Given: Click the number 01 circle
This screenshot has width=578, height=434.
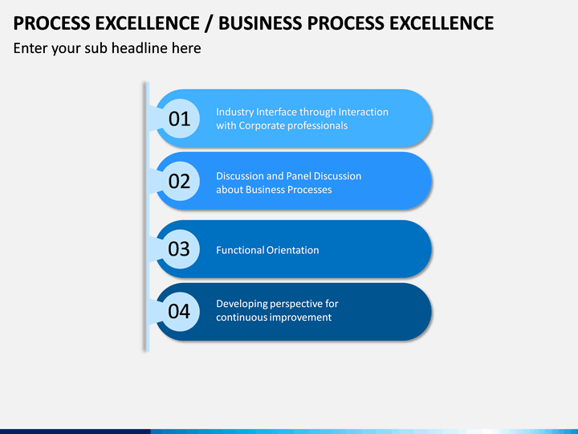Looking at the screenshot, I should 179,119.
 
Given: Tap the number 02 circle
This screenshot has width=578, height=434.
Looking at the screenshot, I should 179,181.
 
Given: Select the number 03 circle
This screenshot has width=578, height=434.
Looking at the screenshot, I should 179,249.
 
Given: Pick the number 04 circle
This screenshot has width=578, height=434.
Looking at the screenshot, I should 179,311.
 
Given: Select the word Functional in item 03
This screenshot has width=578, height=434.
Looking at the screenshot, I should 240,250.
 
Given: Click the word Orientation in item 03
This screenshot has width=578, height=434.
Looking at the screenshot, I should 293,250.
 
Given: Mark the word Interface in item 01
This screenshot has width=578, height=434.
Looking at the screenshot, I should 277,112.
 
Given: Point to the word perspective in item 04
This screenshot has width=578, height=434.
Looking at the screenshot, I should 296,304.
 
